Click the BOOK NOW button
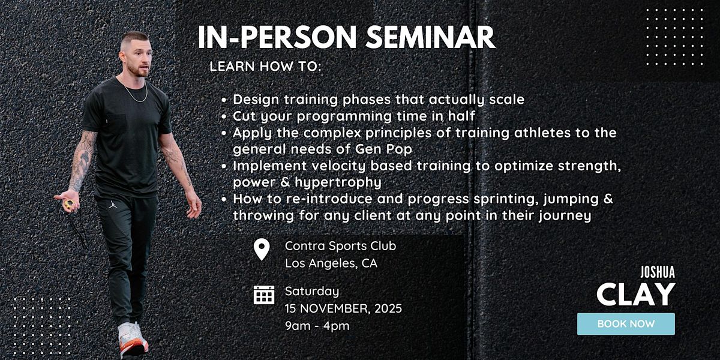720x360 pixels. (x=626, y=324)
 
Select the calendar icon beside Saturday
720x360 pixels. (x=264, y=295)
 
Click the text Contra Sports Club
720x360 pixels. (x=340, y=245)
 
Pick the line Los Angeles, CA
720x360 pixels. (x=331, y=263)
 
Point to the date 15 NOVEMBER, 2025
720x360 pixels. (x=343, y=309)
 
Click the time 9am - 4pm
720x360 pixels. (x=317, y=326)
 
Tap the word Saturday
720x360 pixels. (x=311, y=292)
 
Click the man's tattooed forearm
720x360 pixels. (x=80, y=165)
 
